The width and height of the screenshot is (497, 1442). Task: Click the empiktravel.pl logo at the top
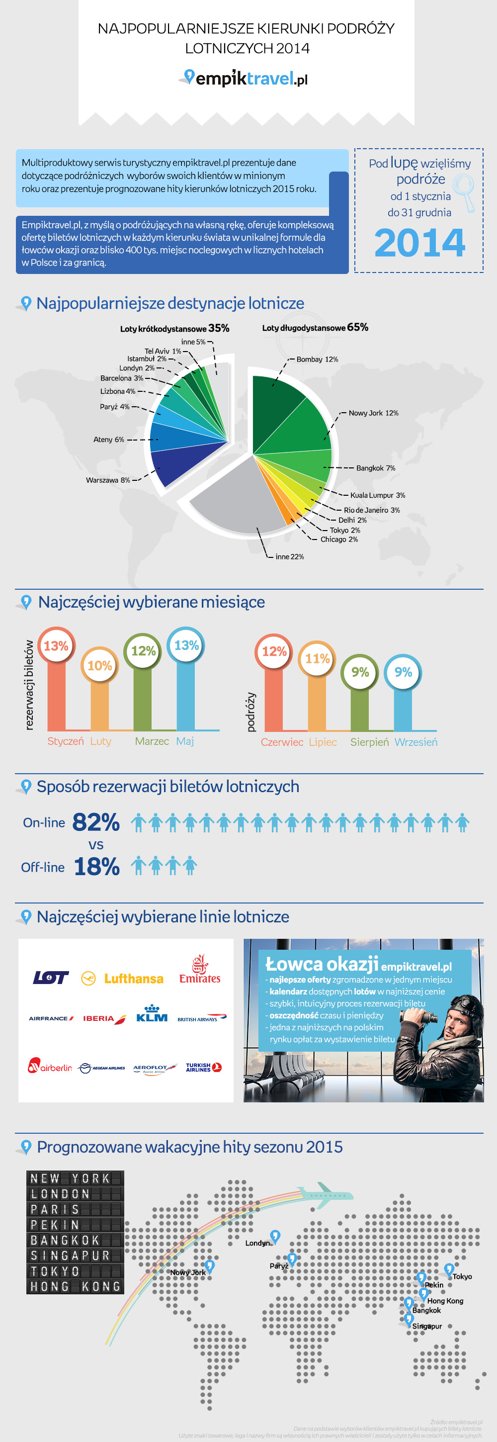click(246, 79)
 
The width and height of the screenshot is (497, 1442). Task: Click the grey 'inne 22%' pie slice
click(235, 504)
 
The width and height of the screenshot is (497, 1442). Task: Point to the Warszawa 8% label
click(107, 480)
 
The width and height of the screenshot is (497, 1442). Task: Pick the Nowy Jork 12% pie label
click(373, 413)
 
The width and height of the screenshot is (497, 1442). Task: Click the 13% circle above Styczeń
click(56, 646)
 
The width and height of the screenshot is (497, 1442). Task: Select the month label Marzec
click(152, 741)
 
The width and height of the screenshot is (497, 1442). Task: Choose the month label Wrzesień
click(416, 742)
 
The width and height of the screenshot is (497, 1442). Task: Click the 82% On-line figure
click(96, 822)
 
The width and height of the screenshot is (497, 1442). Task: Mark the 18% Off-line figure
click(96, 867)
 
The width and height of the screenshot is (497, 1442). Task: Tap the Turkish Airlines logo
click(203, 1068)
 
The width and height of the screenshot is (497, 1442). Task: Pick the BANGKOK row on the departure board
click(75, 1241)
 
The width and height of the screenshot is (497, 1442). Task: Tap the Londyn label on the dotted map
click(257, 1243)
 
